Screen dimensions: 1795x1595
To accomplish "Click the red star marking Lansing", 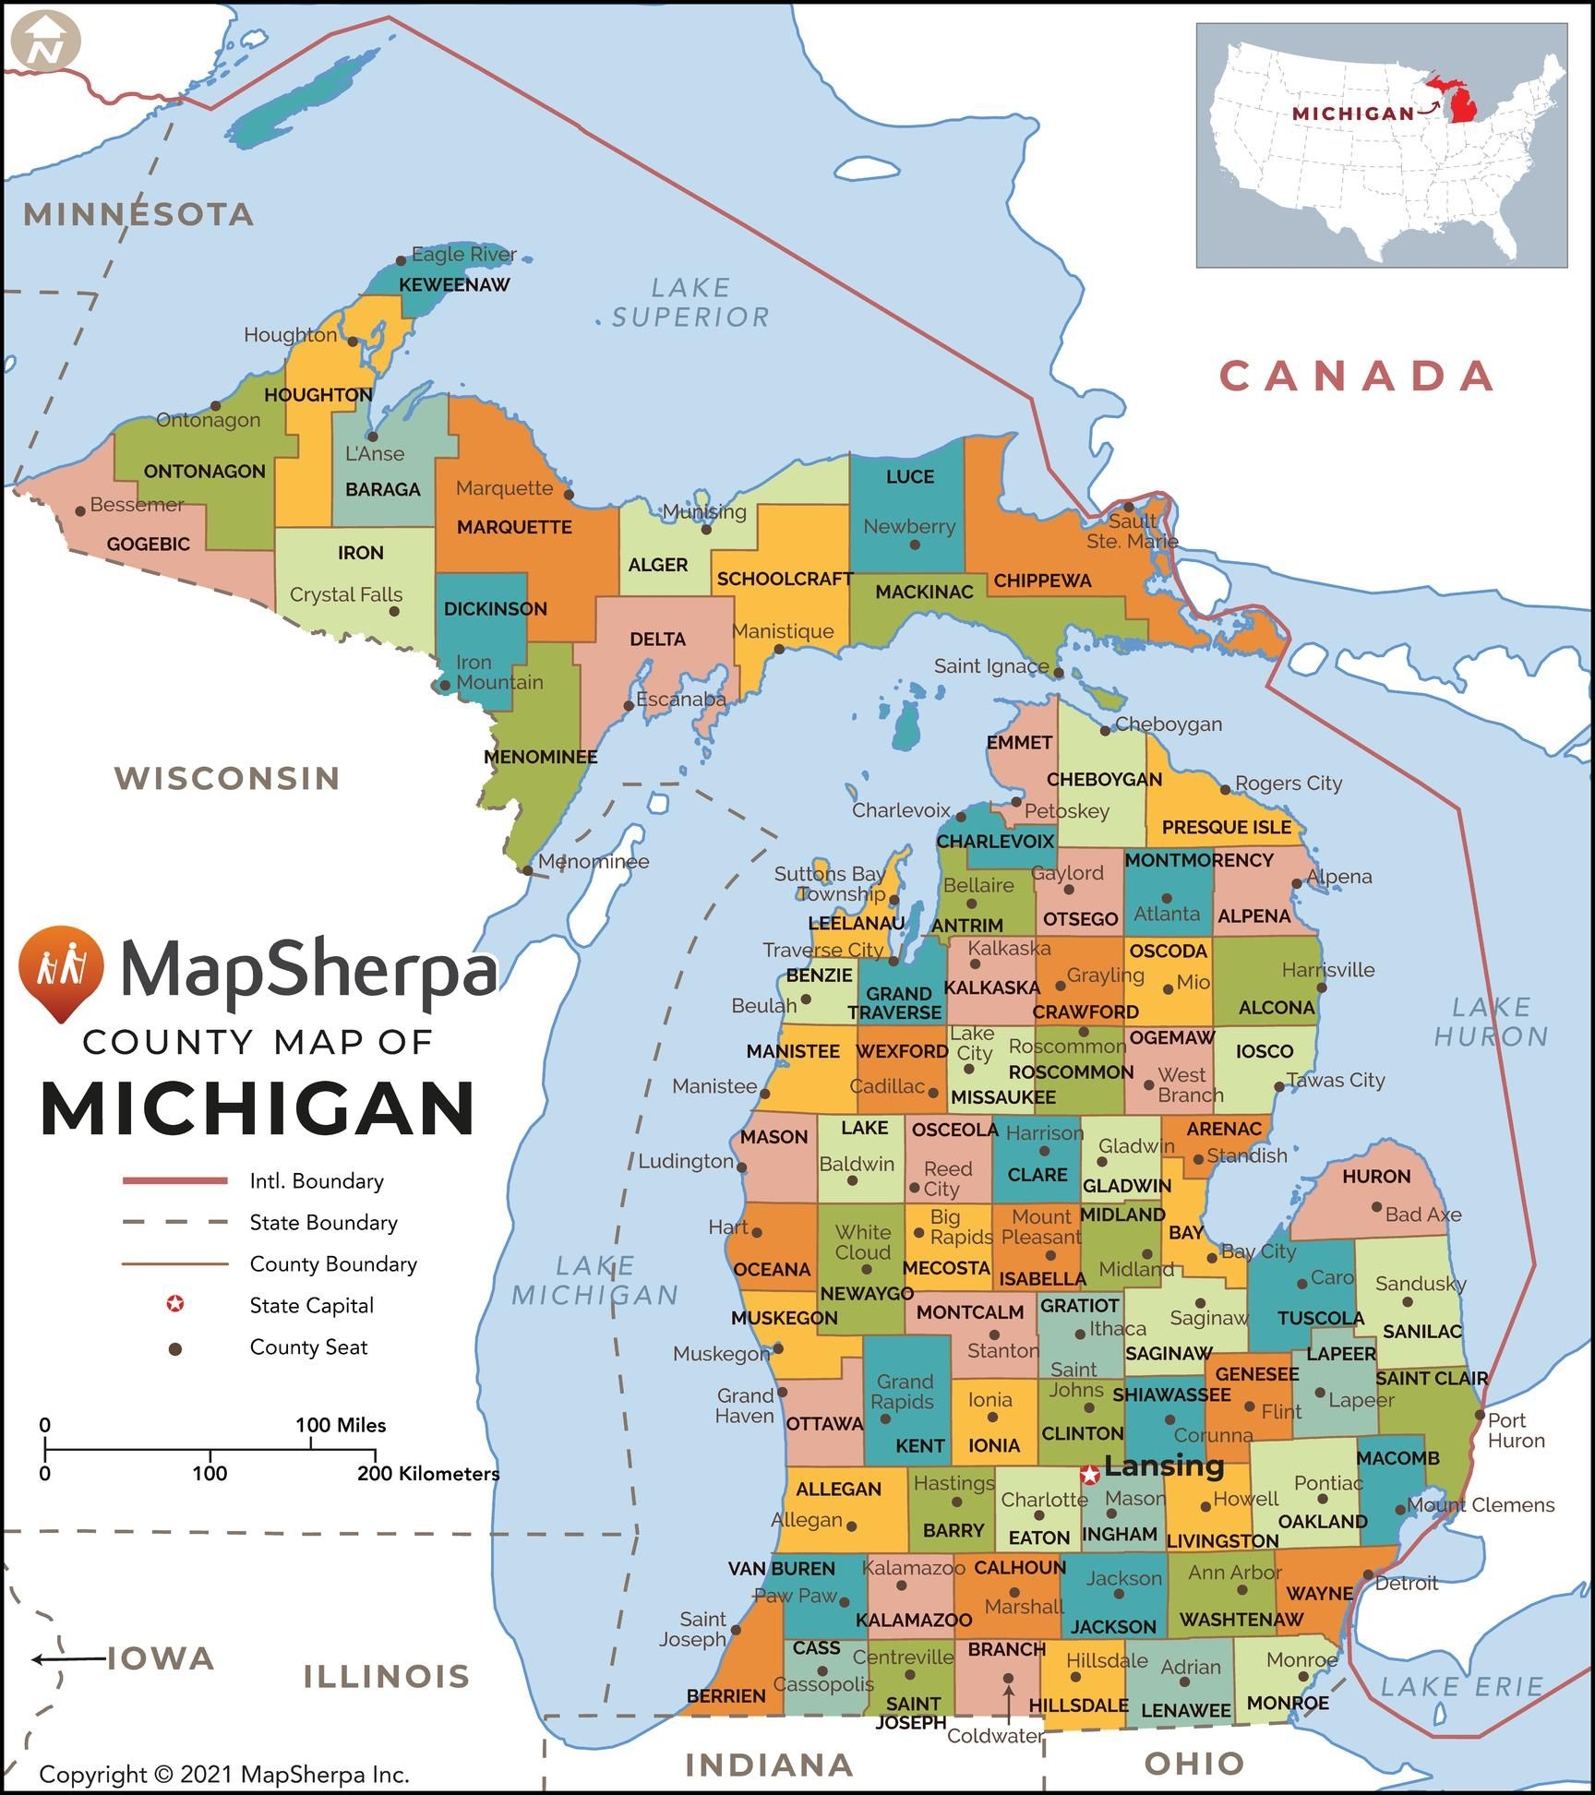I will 1090,1475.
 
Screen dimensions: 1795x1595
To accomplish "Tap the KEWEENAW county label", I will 453,285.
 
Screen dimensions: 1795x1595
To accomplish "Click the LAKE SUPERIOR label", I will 690,303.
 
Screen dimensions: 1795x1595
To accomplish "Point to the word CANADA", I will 1357,377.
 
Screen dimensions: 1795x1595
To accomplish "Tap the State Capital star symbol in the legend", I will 174,1304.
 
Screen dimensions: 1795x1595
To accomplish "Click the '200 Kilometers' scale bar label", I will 428,1474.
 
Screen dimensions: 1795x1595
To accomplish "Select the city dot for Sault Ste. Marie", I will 1128,507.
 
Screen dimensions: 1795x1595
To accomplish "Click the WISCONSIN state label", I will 227,778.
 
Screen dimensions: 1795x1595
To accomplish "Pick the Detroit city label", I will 1406,1584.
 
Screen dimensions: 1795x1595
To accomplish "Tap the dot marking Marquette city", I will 569,495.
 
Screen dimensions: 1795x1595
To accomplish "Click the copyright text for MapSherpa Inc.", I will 223,1774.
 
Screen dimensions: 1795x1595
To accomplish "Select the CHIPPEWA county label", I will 1042,580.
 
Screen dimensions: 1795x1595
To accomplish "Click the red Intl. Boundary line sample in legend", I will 174,1180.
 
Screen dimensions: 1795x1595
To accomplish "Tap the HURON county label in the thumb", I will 1375,1177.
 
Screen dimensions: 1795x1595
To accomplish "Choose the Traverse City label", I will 822,950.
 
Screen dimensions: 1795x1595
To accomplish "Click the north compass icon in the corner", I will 45,42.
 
